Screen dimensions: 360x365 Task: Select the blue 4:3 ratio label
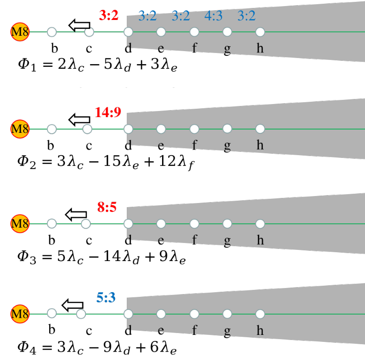point(213,16)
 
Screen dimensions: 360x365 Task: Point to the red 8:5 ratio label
point(106,207)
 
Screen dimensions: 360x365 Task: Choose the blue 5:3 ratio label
point(106,298)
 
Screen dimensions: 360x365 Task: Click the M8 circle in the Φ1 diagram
point(20,32)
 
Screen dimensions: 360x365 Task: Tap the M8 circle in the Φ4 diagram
point(20,314)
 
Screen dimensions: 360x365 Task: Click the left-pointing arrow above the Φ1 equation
point(79,25)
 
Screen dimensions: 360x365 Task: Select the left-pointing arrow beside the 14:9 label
point(79,119)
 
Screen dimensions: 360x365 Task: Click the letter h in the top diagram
point(260,48)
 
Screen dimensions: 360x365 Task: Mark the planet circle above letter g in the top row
point(227,32)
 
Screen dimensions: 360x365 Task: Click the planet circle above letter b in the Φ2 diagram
point(52,129)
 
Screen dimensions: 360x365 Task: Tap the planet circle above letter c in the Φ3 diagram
point(85,223)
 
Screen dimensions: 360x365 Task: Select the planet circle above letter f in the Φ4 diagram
point(195,314)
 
